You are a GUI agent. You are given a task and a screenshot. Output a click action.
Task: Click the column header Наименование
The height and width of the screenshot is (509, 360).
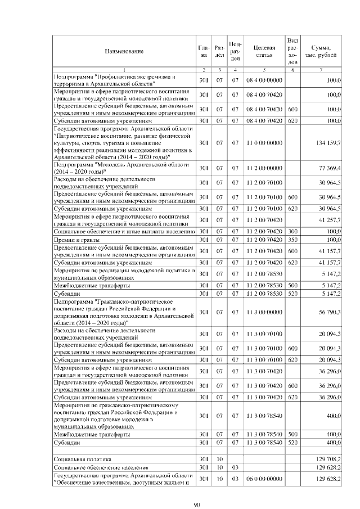point(124,51)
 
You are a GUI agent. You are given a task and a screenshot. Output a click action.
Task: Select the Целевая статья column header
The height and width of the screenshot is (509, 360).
point(264,51)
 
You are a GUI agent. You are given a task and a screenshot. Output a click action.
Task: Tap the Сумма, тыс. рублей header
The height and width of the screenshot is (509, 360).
point(321,51)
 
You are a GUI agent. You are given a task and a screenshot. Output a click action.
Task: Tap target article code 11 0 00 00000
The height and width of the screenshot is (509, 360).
point(264,143)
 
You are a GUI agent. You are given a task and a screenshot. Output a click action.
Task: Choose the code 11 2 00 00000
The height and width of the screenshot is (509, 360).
point(264,168)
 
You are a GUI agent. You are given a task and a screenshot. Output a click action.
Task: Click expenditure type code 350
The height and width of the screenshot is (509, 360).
point(292,240)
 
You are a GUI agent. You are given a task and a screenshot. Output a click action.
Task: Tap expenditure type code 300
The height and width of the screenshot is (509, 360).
point(292,231)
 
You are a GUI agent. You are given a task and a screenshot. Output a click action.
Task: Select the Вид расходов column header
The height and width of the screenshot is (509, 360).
point(292,51)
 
